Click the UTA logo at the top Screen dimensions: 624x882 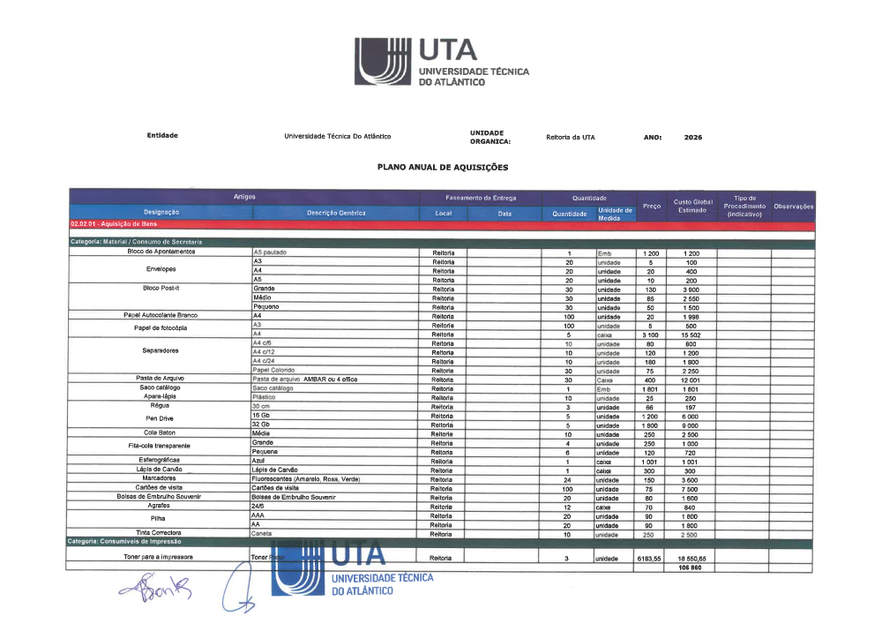(x=441, y=62)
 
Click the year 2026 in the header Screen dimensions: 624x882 (x=693, y=137)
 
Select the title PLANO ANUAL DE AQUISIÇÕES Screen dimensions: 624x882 (x=442, y=166)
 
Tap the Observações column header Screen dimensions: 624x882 (x=793, y=207)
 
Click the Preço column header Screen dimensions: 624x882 (x=651, y=206)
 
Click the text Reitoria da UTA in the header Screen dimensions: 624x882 (x=571, y=137)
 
